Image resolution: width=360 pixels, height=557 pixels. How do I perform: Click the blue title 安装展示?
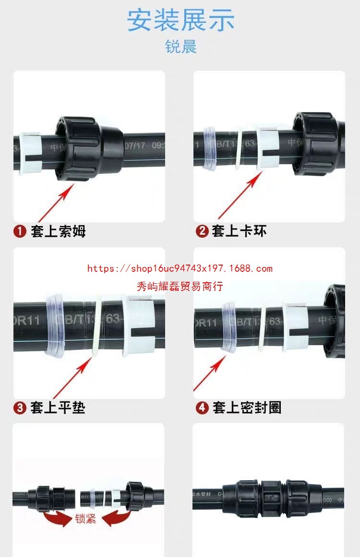pyautogui.click(x=180, y=20)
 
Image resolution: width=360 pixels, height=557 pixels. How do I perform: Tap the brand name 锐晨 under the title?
pyautogui.click(x=180, y=47)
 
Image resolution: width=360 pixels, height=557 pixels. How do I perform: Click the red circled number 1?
pyautogui.click(x=20, y=231)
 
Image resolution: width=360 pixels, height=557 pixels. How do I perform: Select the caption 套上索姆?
pyautogui.click(x=58, y=231)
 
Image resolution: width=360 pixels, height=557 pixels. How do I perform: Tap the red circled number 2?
pyautogui.click(x=202, y=231)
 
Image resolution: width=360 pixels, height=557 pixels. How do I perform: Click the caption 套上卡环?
pyautogui.click(x=239, y=231)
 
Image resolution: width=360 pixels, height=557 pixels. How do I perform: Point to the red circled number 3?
pyautogui.click(x=20, y=408)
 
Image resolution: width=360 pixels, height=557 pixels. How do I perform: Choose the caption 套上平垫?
pyautogui.click(x=58, y=408)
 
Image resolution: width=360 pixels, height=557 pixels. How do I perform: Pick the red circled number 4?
pyautogui.click(x=202, y=408)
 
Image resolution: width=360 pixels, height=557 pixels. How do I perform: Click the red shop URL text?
pyautogui.click(x=180, y=268)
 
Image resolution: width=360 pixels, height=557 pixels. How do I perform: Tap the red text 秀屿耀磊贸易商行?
pyautogui.click(x=180, y=287)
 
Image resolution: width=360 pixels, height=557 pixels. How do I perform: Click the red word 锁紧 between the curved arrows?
pyautogui.click(x=85, y=519)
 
